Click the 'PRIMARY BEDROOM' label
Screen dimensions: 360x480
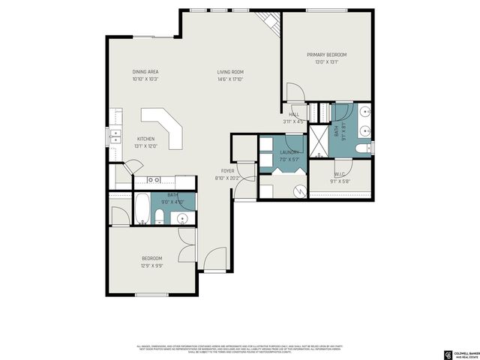coord(326,55)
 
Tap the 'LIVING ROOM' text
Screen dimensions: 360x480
coord(230,72)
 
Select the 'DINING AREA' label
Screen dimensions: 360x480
coord(145,72)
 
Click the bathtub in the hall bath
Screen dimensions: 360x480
coord(142,208)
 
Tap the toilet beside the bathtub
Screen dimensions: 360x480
coord(160,217)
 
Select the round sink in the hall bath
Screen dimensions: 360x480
coord(183,219)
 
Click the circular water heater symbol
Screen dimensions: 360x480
coord(298,190)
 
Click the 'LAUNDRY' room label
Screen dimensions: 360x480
coord(289,151)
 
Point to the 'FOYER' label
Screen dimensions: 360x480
coord(226,171)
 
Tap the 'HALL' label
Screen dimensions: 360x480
coord(293,114)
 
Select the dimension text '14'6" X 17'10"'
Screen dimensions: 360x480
coord(230,79)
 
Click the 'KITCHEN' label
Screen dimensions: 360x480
coord(145,139)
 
